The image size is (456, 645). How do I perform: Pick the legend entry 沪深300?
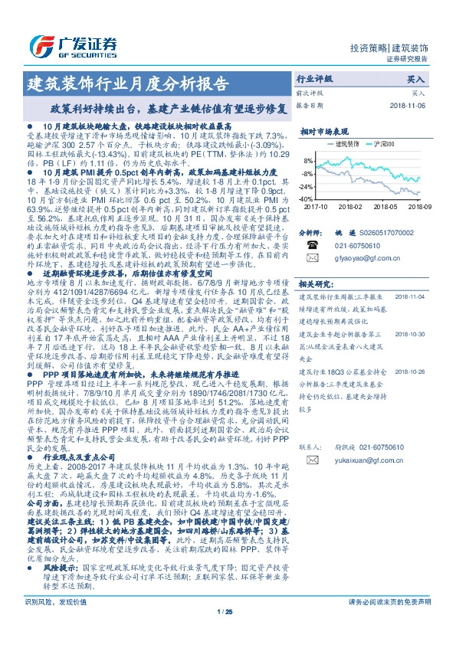[381, 144]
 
